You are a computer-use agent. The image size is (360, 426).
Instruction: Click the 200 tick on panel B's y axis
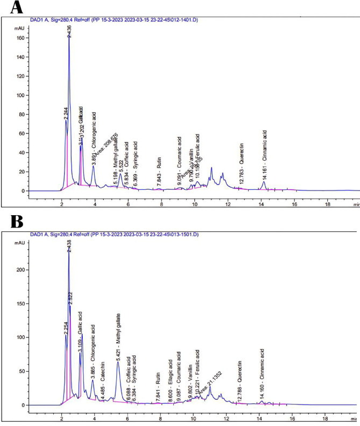pyautogui.click(x=19, y=269)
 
